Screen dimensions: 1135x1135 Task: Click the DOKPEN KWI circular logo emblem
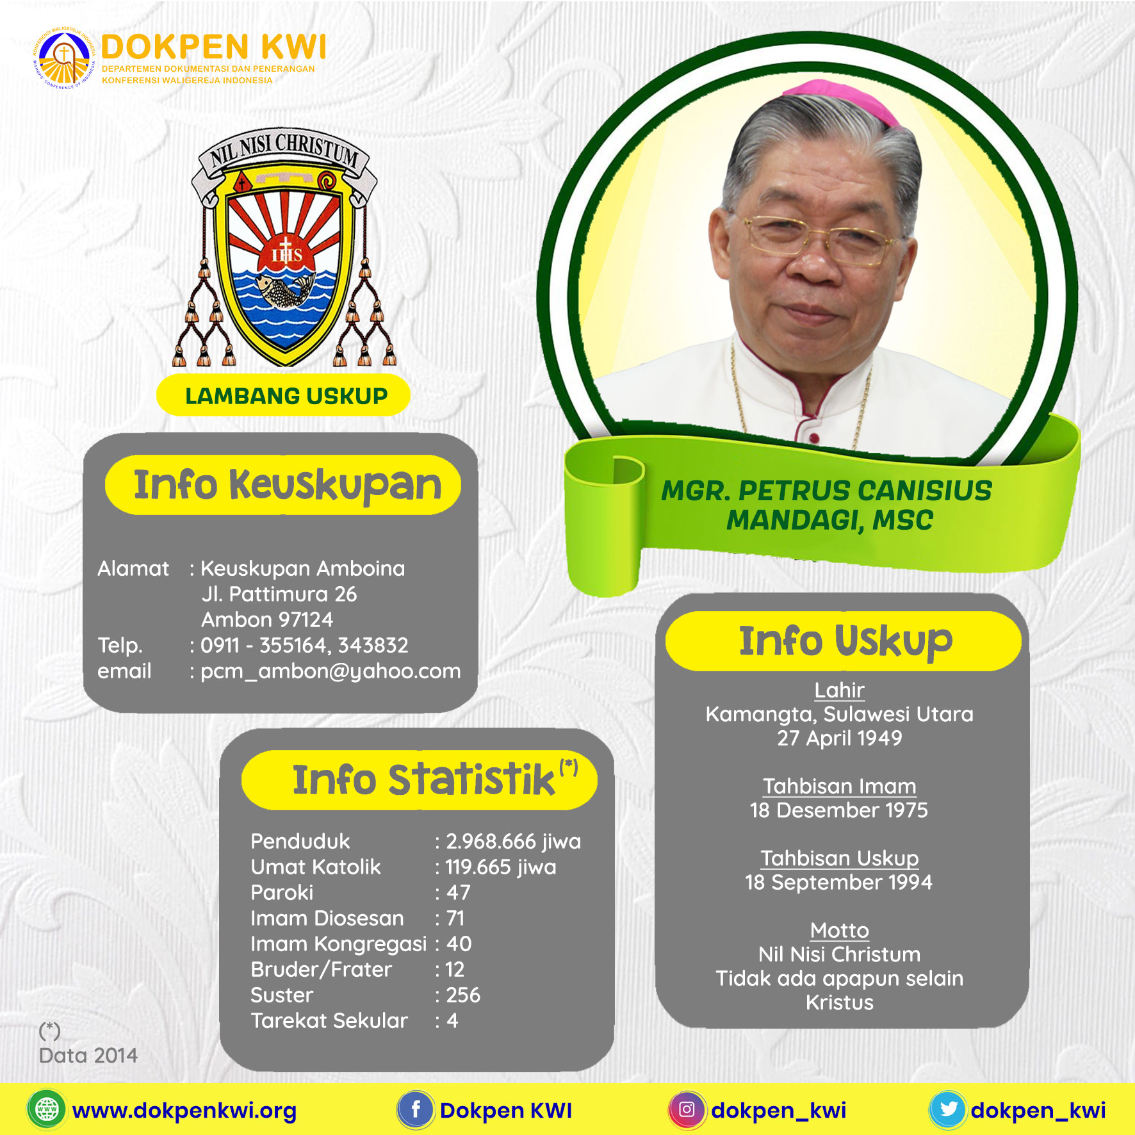click(x=64, y=57)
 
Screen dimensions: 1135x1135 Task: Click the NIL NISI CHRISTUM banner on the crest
click(x=284, y=154)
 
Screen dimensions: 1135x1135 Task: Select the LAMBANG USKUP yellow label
click(x=283, y=396)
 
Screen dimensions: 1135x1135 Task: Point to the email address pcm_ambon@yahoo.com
click(x=331, y=671)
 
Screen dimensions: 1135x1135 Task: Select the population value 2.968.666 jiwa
click(x=513, y=841)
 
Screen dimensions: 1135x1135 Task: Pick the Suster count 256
click(x=463, y=995)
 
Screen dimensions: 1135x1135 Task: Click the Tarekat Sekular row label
click(x=329, y=1020)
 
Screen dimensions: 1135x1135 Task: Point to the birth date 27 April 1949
click(x=840, y=738)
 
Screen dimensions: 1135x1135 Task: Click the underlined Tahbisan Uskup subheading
click(x=840, y=858)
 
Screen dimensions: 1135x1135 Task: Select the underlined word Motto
click(x=840, y=930)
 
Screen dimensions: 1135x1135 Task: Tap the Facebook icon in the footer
click(x=416, y=1109)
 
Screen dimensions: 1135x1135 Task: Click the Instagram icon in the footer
click(x=687, y=1109)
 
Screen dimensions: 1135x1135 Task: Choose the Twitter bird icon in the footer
click(x=948, y=1109)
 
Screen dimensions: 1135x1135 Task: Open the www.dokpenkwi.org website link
click(x=184, y=1111)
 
